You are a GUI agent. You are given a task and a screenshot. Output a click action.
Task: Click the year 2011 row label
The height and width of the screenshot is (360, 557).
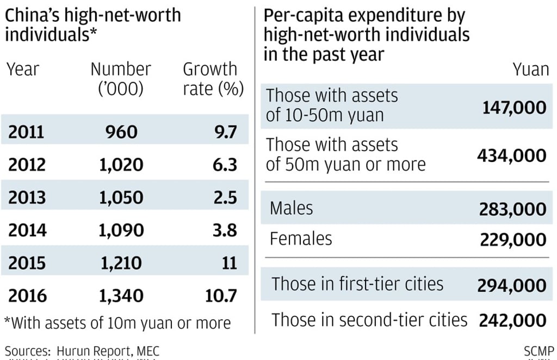click(x=26, y=132)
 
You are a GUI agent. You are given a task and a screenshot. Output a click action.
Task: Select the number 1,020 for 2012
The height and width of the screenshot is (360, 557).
click(x=121, y=165)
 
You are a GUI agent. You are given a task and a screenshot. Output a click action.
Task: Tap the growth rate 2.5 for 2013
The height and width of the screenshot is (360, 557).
click(x=225, y=197)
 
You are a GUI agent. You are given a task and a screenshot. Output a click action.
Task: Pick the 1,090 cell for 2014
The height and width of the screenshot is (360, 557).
click(x=121, y=230)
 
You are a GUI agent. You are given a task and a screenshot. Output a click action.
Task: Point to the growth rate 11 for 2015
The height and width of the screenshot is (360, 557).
click(x=230, y=263)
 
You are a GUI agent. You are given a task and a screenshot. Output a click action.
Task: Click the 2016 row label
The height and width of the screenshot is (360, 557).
click(x=28, y=296)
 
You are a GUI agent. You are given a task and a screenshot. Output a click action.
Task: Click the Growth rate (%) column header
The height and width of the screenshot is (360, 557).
click(x=213, y=79)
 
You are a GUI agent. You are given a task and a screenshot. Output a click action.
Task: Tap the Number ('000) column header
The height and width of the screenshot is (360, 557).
click(x=121, y=79)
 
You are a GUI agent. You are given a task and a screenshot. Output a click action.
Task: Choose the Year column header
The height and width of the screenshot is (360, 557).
click(x=23, y=70)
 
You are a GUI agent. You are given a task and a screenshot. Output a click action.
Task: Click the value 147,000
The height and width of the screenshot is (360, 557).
click(x=514, y=107)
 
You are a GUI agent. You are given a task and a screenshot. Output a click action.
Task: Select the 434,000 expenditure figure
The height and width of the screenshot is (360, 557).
click(x=511, y=156)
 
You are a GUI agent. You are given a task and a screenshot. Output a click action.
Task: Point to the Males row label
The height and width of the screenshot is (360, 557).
click(x=292, y=208)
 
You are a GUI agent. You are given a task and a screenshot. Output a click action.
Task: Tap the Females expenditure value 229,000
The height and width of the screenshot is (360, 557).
click(x=513, y=240)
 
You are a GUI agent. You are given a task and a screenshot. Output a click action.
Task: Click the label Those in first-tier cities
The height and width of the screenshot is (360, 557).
click(x=357, y=284)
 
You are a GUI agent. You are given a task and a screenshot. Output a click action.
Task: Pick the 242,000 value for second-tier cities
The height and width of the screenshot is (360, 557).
click(x=512, y=320)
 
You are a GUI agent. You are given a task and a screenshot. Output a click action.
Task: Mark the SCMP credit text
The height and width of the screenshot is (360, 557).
click(x=539, y=351)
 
